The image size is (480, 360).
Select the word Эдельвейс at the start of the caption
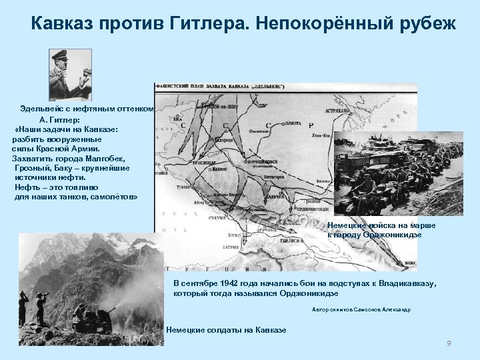pyautogui.click(x=42, y=109)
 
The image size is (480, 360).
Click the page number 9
pyautogui.click(x=449, y=343)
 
